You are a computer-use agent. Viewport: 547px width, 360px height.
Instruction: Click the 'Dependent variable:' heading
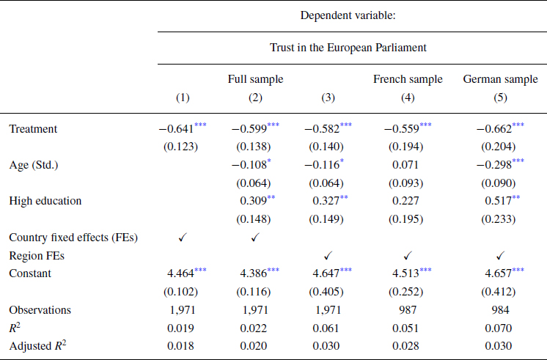click(351, 13)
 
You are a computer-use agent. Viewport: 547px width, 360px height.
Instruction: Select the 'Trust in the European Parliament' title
click(351, 48)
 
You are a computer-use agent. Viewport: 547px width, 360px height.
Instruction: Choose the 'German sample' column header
click(501, 79)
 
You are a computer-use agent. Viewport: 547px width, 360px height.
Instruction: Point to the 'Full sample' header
click(255, 79)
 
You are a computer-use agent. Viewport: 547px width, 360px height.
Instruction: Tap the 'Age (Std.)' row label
click(35, 165)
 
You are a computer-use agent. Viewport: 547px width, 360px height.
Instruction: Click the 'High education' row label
click(45, 200)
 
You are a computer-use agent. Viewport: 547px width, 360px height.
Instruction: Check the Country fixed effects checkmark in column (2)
click(255, 237)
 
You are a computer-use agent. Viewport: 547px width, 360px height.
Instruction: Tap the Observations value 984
click(501, 309)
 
